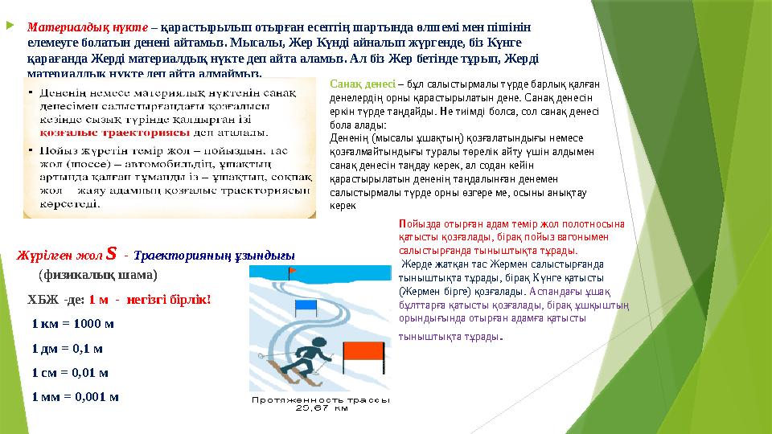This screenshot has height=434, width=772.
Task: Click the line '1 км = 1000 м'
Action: click(72, 324)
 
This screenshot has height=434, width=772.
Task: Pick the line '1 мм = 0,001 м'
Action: click(76, 396)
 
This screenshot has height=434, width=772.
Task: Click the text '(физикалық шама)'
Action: click(97, 274)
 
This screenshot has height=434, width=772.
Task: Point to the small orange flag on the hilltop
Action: click(293, 271)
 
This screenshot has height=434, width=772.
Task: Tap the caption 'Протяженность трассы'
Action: click(321, 399)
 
